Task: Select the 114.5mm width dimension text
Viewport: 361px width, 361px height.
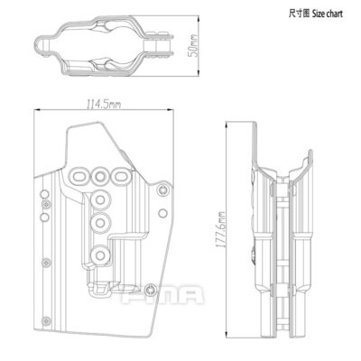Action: click(98, 105)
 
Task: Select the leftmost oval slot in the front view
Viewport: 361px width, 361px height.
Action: click(79, 174)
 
